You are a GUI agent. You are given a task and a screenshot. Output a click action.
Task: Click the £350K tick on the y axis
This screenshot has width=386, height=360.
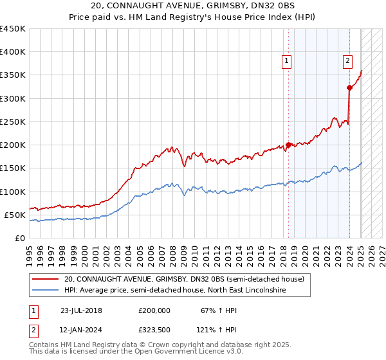tap(12, 75)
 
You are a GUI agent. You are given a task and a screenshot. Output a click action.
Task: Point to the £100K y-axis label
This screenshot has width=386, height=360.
tap(12, 192)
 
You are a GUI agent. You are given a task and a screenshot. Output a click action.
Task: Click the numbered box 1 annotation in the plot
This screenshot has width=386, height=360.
tap(286, 62)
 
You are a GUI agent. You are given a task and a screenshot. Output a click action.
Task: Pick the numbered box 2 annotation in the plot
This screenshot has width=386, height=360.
tap(347, 62)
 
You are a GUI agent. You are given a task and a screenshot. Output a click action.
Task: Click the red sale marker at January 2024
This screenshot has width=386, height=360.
tap(349, 87)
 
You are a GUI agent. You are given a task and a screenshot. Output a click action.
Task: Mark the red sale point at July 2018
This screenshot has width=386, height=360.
tap(288, 145)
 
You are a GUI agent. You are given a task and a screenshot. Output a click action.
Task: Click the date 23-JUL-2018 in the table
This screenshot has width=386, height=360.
tap(81, 310)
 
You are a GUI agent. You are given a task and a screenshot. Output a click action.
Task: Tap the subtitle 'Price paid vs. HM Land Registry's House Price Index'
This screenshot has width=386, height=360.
tap(193, 18)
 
